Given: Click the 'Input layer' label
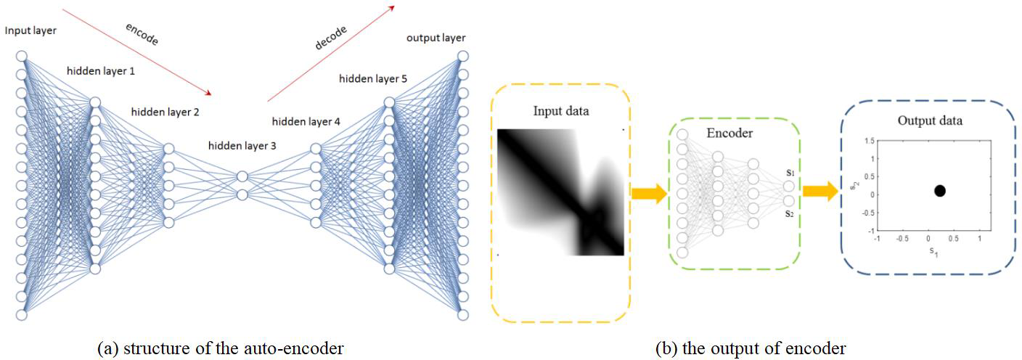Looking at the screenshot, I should tap(30, 30).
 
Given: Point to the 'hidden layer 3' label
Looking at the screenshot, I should tap(242, 145).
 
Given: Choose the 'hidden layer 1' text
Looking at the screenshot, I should tap(100, 71).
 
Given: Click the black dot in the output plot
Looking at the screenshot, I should tap(940, 191).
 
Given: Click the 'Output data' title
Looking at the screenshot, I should tap(930, 120).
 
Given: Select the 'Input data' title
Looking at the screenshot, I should tap(561, 111).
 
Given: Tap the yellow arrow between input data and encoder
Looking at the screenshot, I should tap(648, 193).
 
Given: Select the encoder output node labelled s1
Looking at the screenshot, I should tap(789, 186).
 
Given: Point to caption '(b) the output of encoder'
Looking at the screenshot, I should tap(751, 348).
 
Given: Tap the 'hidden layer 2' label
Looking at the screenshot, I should tap(165, 112).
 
